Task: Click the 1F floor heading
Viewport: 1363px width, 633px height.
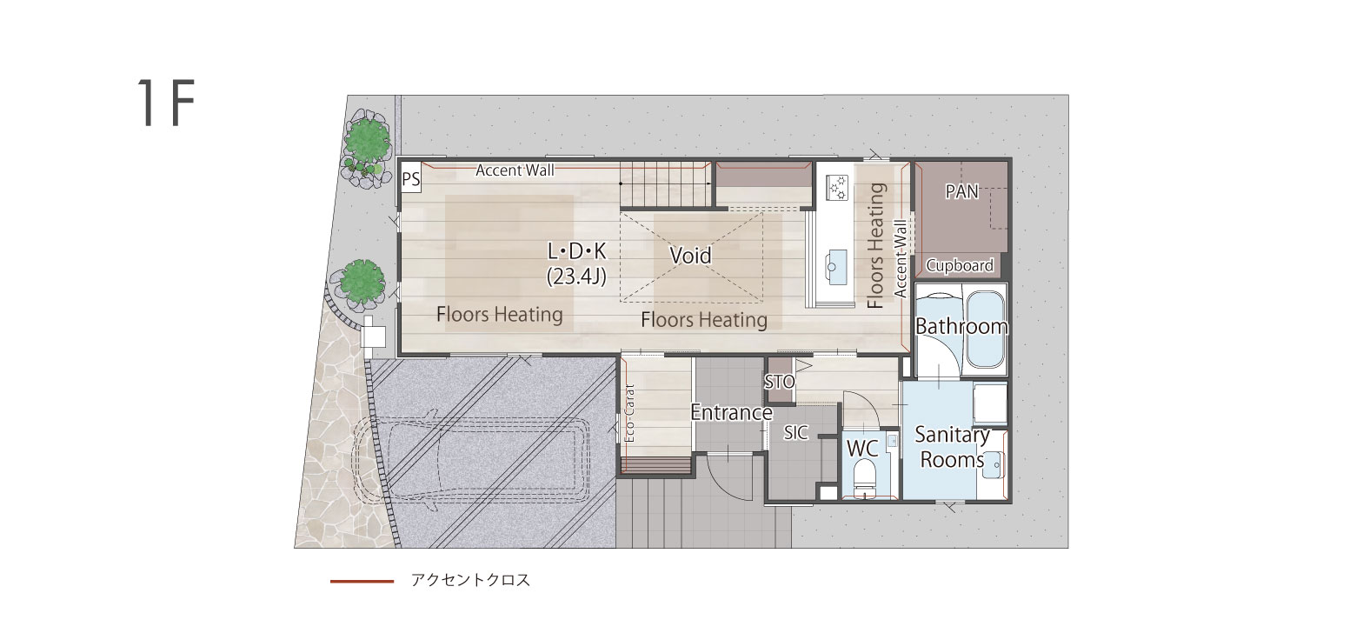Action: (165, 103)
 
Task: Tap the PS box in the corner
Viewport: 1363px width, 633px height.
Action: (410, 178)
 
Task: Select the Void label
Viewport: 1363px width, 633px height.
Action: (690, 256)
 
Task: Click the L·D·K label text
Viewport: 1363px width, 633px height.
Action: (577, 250)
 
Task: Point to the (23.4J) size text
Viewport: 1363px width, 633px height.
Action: (577, 277)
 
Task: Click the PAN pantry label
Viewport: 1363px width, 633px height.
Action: (962, 191)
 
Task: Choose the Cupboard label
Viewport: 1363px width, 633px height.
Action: (960, 265)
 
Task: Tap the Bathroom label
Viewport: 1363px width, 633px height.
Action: (961, 326)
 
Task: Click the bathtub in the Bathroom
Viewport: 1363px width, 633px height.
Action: (986, 330)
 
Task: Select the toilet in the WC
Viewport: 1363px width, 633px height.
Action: (864, 475)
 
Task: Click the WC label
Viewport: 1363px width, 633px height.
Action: (862, 449)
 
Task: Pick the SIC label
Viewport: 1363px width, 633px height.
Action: (796, 433)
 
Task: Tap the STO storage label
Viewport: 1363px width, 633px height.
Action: (780, 382)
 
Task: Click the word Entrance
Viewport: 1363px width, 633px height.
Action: (731, 413)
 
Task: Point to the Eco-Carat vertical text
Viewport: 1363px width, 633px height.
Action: (629, 413)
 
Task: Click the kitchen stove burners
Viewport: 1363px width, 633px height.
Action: (836, 187)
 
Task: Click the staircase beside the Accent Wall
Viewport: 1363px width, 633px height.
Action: (666, 183)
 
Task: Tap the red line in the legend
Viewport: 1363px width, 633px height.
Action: (362, 581)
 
